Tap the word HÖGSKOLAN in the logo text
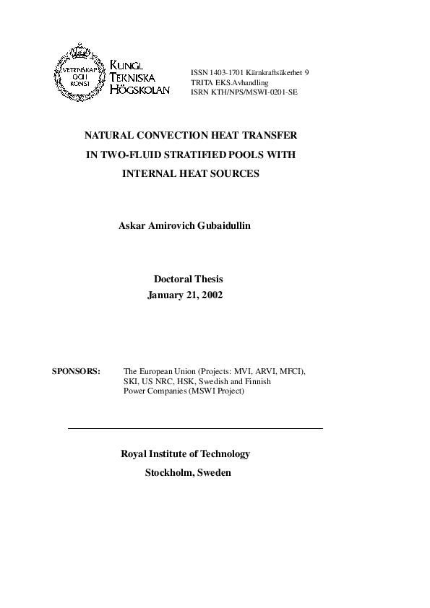pos(141,90)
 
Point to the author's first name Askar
pos(132,226)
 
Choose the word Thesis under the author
pos(208,279)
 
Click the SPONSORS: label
pos(77,371)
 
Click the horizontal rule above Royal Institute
pos(195,429)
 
